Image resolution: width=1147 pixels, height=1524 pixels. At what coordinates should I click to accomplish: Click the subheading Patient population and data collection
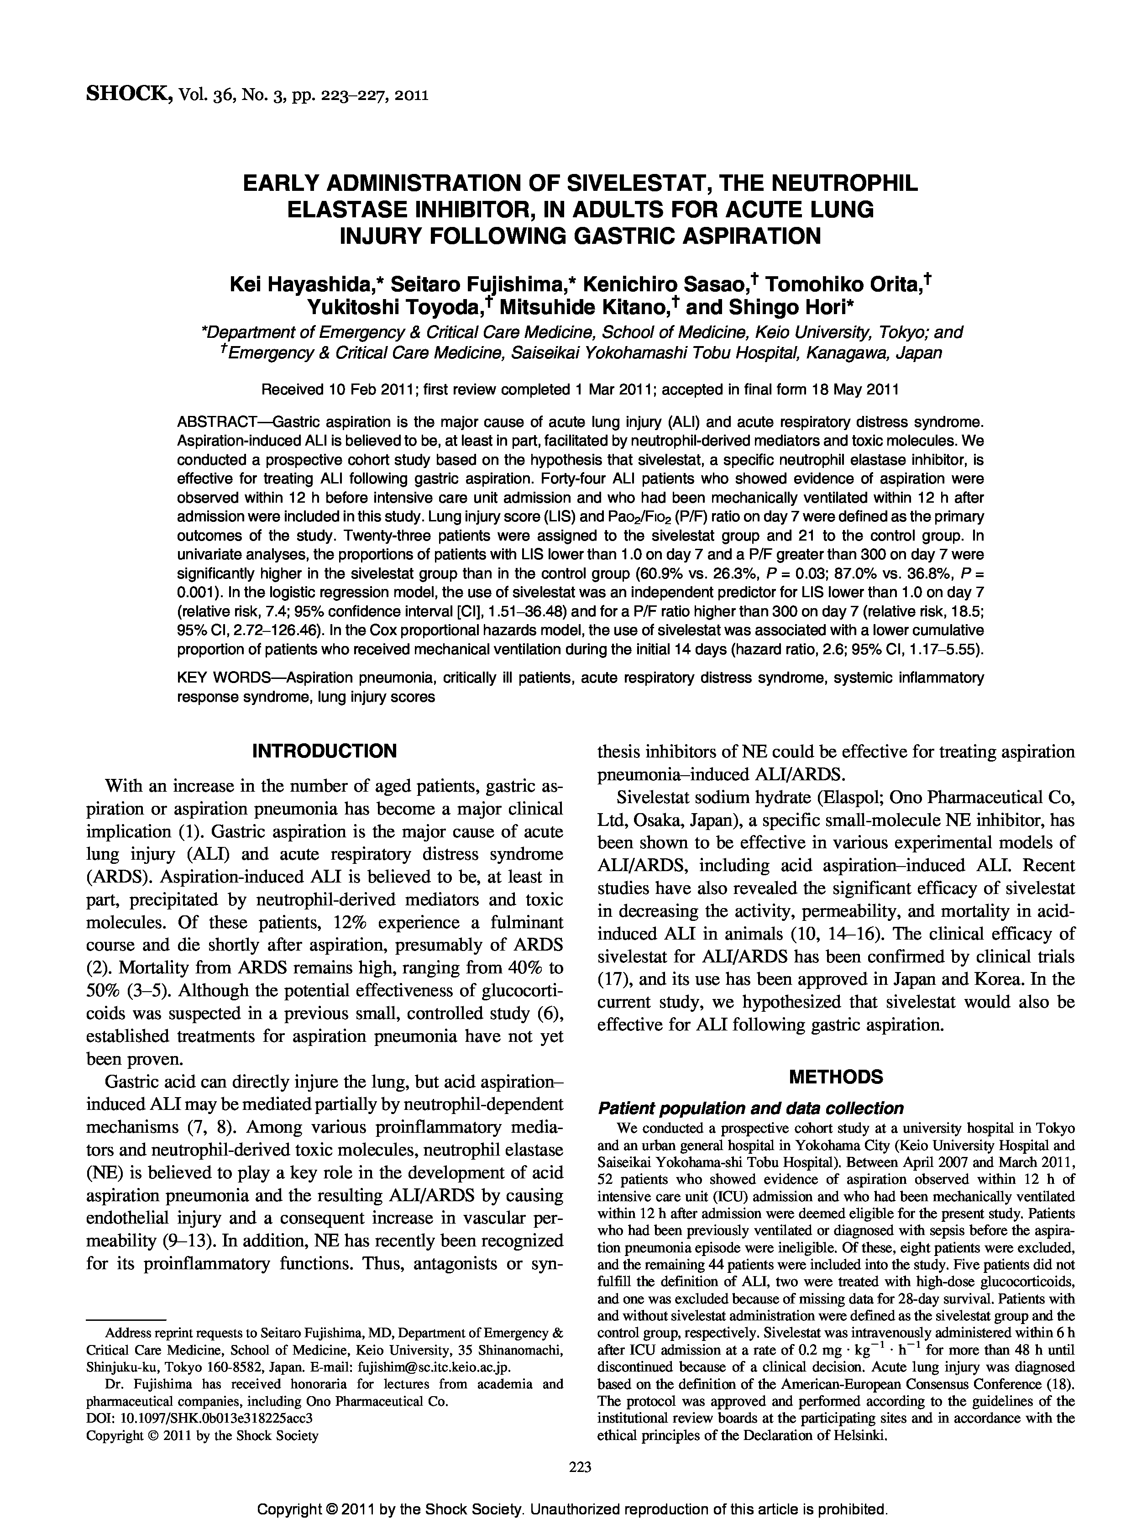click(750, 1109)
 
